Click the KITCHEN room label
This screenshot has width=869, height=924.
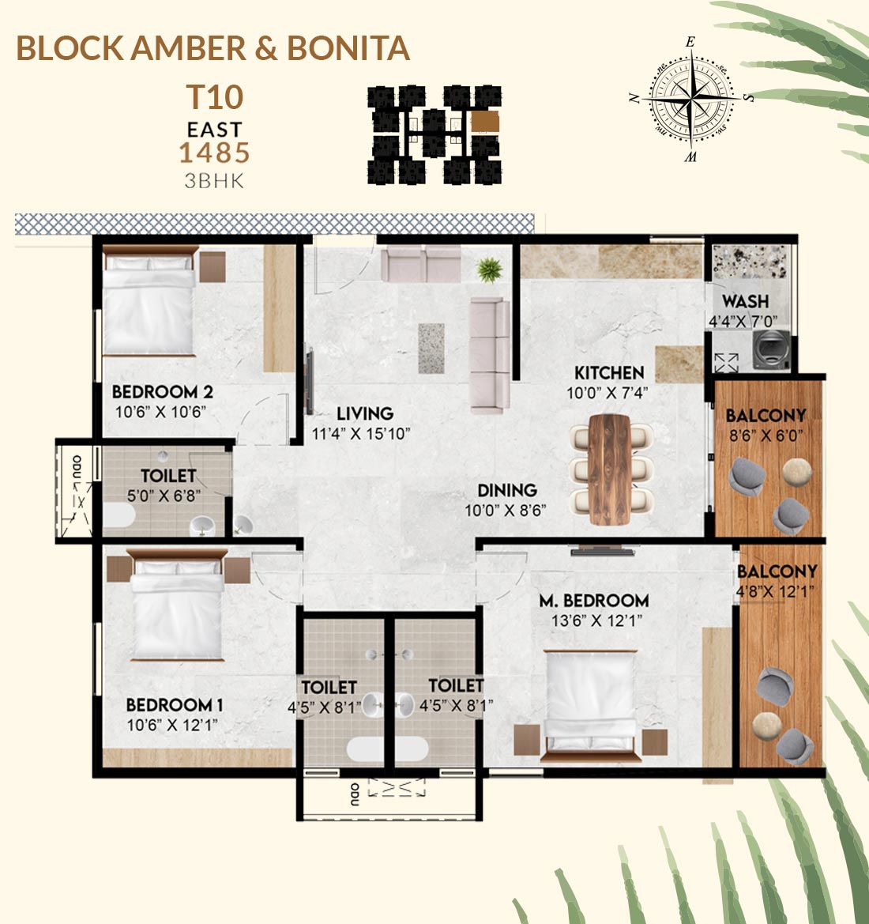click(x=609, y=372)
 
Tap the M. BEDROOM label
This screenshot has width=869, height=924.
click(x=594, y=601)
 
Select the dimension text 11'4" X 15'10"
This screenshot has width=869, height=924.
click(x=360, y=434)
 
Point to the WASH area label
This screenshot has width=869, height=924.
click(x=745, y=301)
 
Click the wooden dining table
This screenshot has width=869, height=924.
click(x=610, y=469)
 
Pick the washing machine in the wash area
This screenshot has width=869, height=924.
click(x=772, y=349)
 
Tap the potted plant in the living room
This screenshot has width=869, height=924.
click(x=490, y=270)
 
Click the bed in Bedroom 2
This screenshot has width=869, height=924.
click(x=149, y=301)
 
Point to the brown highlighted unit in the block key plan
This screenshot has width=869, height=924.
click(x=485, y=122)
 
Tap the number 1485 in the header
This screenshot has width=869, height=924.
click(x=214, y=153)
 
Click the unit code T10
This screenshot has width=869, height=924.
click(x=214, y=97)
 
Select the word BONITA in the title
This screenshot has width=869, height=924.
click(x=348, y=48)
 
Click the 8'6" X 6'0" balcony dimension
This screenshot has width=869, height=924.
click(x=766, y=436)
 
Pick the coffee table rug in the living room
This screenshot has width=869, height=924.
click(x=431, y=349)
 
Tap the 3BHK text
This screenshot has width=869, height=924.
click(x=214, y=181)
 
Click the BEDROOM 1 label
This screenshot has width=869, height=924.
click(x=175, y=705)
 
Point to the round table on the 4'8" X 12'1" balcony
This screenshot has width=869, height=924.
click(x=767, y=726)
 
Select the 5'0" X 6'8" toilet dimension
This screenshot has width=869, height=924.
click(x=164, y=496)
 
